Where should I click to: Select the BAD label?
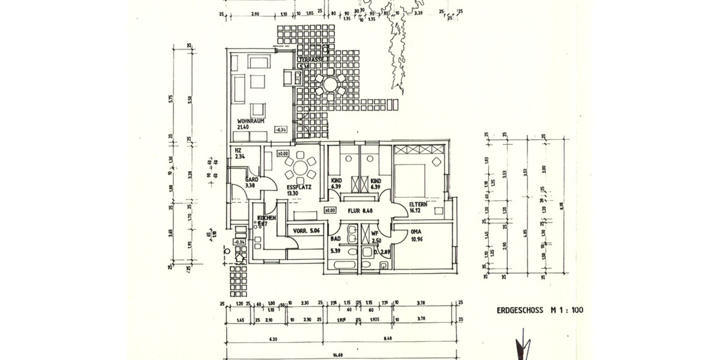point(336,239)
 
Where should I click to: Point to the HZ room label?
point(238,150)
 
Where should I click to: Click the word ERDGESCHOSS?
point(518,311)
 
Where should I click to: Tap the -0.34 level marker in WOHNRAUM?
point(281,130)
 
